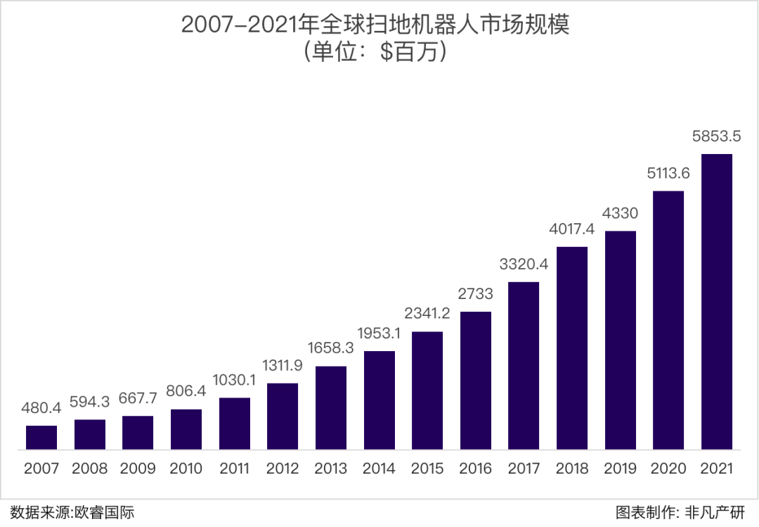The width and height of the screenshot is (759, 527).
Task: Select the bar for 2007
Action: coord(41,437)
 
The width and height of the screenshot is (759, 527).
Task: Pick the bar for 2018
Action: coord(572,348)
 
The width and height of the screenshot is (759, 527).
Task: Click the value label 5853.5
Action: coord(716,136)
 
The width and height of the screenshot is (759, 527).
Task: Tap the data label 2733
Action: coord(476,294)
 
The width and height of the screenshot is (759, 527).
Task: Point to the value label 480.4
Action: coord(41,408)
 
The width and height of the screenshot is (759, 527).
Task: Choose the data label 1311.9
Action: coord(283,366)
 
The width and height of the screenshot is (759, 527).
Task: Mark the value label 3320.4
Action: coord(524,265)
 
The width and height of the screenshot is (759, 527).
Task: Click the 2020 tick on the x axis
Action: coord(668,469)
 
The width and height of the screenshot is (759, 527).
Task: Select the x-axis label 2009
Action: coord(138,469)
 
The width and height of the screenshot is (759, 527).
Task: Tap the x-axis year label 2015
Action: coord(427,469)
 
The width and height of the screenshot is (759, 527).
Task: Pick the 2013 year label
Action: coord(331,469)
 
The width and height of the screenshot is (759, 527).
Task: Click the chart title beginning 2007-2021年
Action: coord(374,25)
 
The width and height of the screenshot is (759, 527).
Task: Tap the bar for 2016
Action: coord(476,380)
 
